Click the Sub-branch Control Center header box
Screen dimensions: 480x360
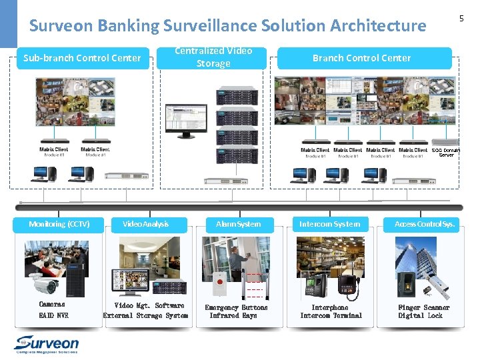[x=82, y=58]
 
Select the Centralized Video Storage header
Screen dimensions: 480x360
[x=213, y=57]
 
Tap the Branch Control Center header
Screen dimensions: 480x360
[x=362, y=58]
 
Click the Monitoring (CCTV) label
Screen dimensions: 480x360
[x=59, y=224]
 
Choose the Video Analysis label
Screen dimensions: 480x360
[x=146, y=224]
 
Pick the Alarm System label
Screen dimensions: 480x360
[x=239, y=224]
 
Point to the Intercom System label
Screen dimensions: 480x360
[x=329, y=224]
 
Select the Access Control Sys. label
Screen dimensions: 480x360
[x=425, y=224]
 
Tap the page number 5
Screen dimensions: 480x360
[x=461, y=19]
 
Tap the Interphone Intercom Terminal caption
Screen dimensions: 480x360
[x=331, y=311]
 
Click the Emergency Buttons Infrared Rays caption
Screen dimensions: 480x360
[x=236, y=311]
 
